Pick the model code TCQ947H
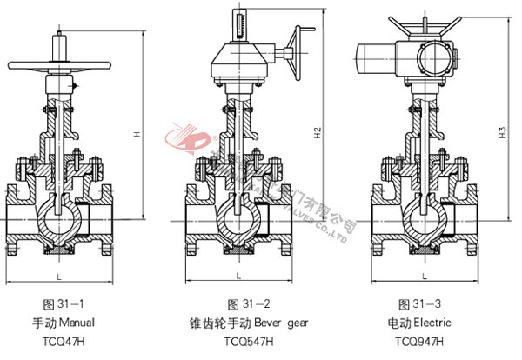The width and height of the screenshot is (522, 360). [418, 341]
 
